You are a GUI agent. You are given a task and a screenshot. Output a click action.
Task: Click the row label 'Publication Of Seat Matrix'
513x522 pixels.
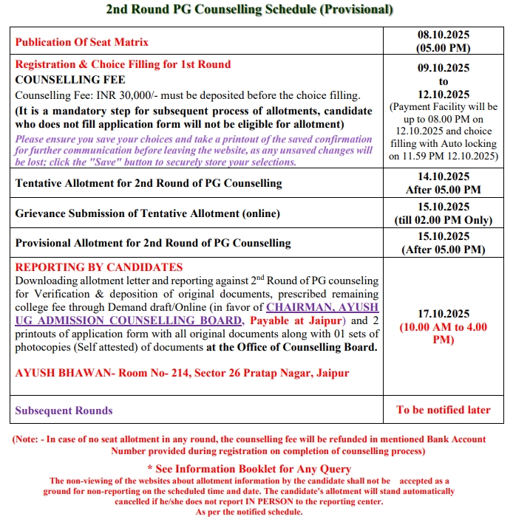coord(82,42)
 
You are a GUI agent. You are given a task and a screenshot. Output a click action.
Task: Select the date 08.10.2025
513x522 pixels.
coord(444,35)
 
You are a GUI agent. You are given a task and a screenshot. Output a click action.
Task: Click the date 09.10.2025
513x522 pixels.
coord(444,67)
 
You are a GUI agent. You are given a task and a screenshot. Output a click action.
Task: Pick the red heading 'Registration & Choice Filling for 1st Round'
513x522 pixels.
coord(123,64)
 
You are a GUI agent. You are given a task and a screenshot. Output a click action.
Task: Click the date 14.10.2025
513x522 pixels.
coord(444,176)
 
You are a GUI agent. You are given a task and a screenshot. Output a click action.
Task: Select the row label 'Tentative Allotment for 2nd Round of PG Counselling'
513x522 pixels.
coord(149,182)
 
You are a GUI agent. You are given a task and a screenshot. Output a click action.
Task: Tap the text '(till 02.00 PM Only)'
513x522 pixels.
coord(444,220)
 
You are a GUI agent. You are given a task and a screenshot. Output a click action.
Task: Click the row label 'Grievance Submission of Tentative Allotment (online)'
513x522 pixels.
coord(148,213)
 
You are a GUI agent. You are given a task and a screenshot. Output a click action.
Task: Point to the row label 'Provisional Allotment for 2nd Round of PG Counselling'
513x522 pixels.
coord(153,243)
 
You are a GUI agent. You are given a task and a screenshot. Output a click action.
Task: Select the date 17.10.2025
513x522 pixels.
coord(444,314)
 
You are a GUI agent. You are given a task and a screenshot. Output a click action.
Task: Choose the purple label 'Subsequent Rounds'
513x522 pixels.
coord(64,411)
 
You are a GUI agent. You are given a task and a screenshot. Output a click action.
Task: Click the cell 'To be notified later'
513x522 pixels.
coord(444,410)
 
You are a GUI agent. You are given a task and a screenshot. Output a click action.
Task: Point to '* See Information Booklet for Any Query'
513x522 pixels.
coord(248,469)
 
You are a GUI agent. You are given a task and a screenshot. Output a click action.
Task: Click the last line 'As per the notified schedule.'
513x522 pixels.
coord(249,512)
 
